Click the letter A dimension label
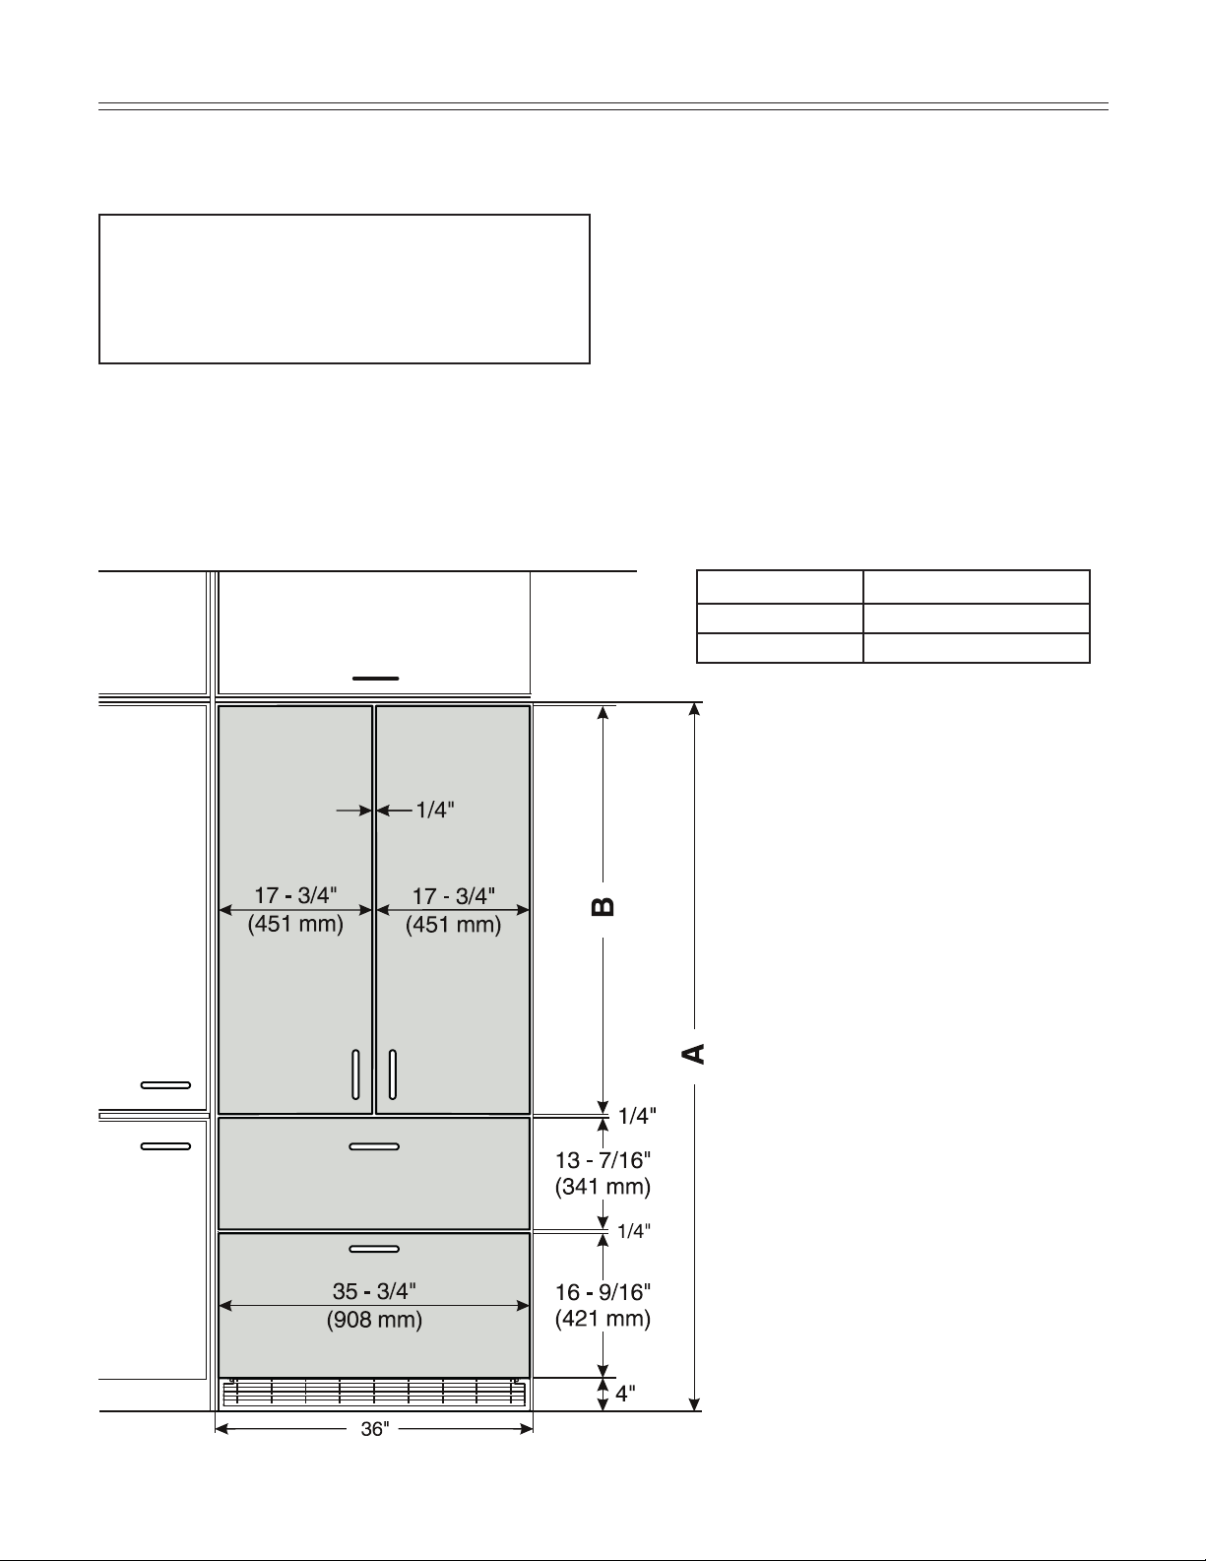(693, 1054)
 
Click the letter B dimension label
(603, 906)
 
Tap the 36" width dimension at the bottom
(375, 1429)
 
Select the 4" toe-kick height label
(625, 1394)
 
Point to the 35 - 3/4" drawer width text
(374, 1291)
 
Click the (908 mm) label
(374, 1320)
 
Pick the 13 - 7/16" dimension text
(603, 1159)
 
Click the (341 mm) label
(603, 1186)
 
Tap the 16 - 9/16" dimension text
(603, 1292)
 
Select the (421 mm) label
(603, 1319)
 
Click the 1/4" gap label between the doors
(435, 811)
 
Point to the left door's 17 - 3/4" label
(295, 896)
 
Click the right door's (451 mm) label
(453, 924)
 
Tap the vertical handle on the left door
(355, 1073)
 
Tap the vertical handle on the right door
(393, 1073)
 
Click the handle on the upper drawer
(374, 1146)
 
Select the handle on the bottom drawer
(374, 1249)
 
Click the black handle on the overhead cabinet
(375, 679)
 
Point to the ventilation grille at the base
(374, 1393)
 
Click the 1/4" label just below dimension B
(638, 1116)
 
